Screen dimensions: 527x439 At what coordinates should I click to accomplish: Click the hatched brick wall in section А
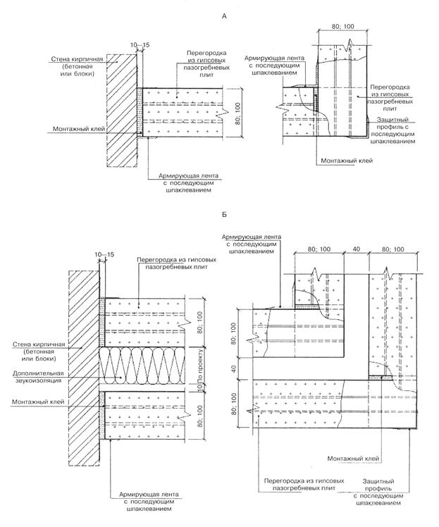click(x=120, y=113)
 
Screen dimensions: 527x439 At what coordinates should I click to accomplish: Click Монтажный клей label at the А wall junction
click(x=75, y=130)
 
